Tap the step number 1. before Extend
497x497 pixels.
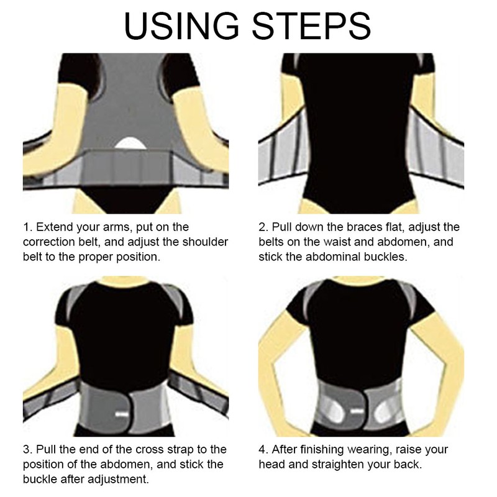(28, 227)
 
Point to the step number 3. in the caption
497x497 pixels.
(28, 449)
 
